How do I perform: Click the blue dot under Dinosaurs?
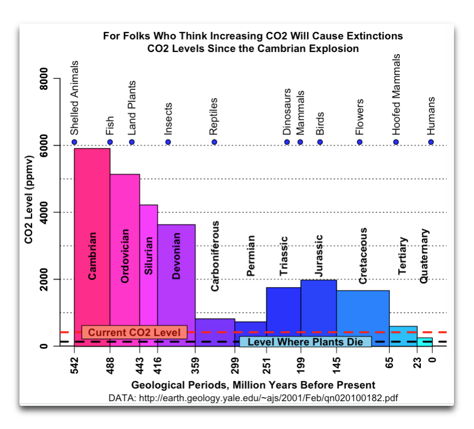tap(287, 142)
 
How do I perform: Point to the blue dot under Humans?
tap(431, 142)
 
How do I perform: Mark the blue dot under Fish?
tap(109, 142)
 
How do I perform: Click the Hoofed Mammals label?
tap(396, 95)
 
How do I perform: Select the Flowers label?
tap(360, 116)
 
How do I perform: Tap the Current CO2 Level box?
tap(134, 332)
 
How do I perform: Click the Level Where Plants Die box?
tap(305, 342)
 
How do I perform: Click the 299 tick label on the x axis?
tap(235, 366)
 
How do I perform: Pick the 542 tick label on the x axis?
tap(74, 366)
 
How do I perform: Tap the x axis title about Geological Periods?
tap(253, 385)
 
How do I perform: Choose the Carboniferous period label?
tap(215, 256)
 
